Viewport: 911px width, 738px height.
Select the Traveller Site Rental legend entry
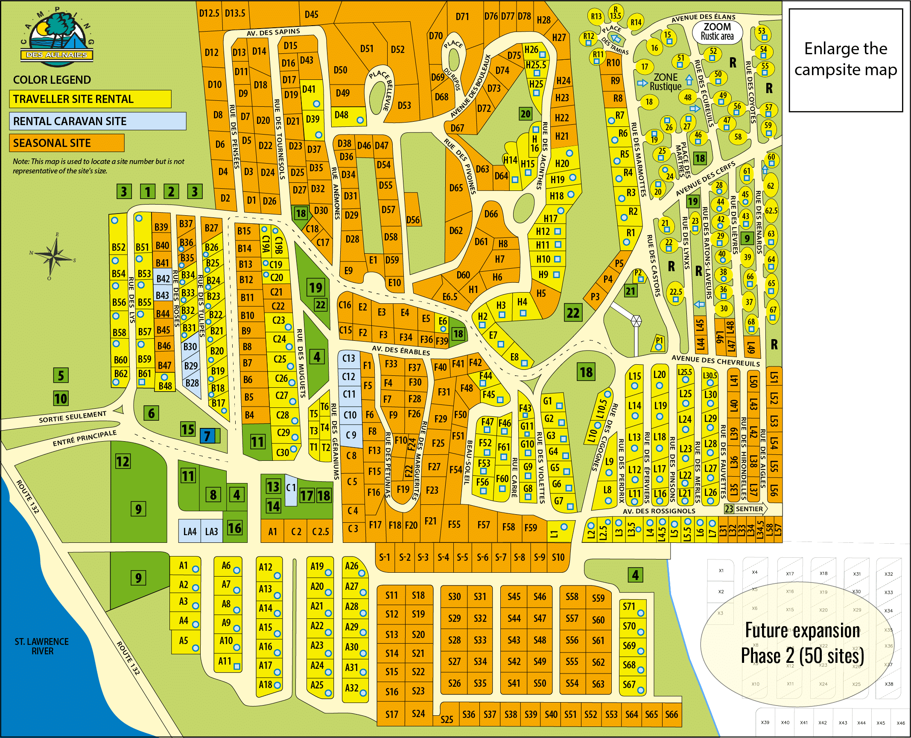[x=90, y=99]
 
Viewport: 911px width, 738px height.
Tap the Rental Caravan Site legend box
[x=97, y=121]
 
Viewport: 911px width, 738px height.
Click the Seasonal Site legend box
[x=67, y=143]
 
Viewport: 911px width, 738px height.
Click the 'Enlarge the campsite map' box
[x=845, y=60]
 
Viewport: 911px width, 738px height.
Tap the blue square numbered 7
[x=207, y=436]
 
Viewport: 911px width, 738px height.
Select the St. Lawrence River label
[x=42, y=646]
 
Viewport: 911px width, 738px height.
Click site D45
[x=311, y=15]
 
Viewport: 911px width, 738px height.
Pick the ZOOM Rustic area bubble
[x=717, y=32]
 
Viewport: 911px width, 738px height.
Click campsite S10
[x=558, y=557]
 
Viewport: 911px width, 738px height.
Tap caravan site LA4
[x=190, y=531]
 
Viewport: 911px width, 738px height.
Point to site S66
[x=671, y=715]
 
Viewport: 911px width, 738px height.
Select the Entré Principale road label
[x=85, y=438]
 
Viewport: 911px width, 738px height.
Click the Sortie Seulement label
[x=73, y=416]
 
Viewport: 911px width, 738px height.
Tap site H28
[x=543, y=20]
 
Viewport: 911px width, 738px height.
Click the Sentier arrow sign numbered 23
[x=745, y=509]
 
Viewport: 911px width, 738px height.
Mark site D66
[x=491, y=214]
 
